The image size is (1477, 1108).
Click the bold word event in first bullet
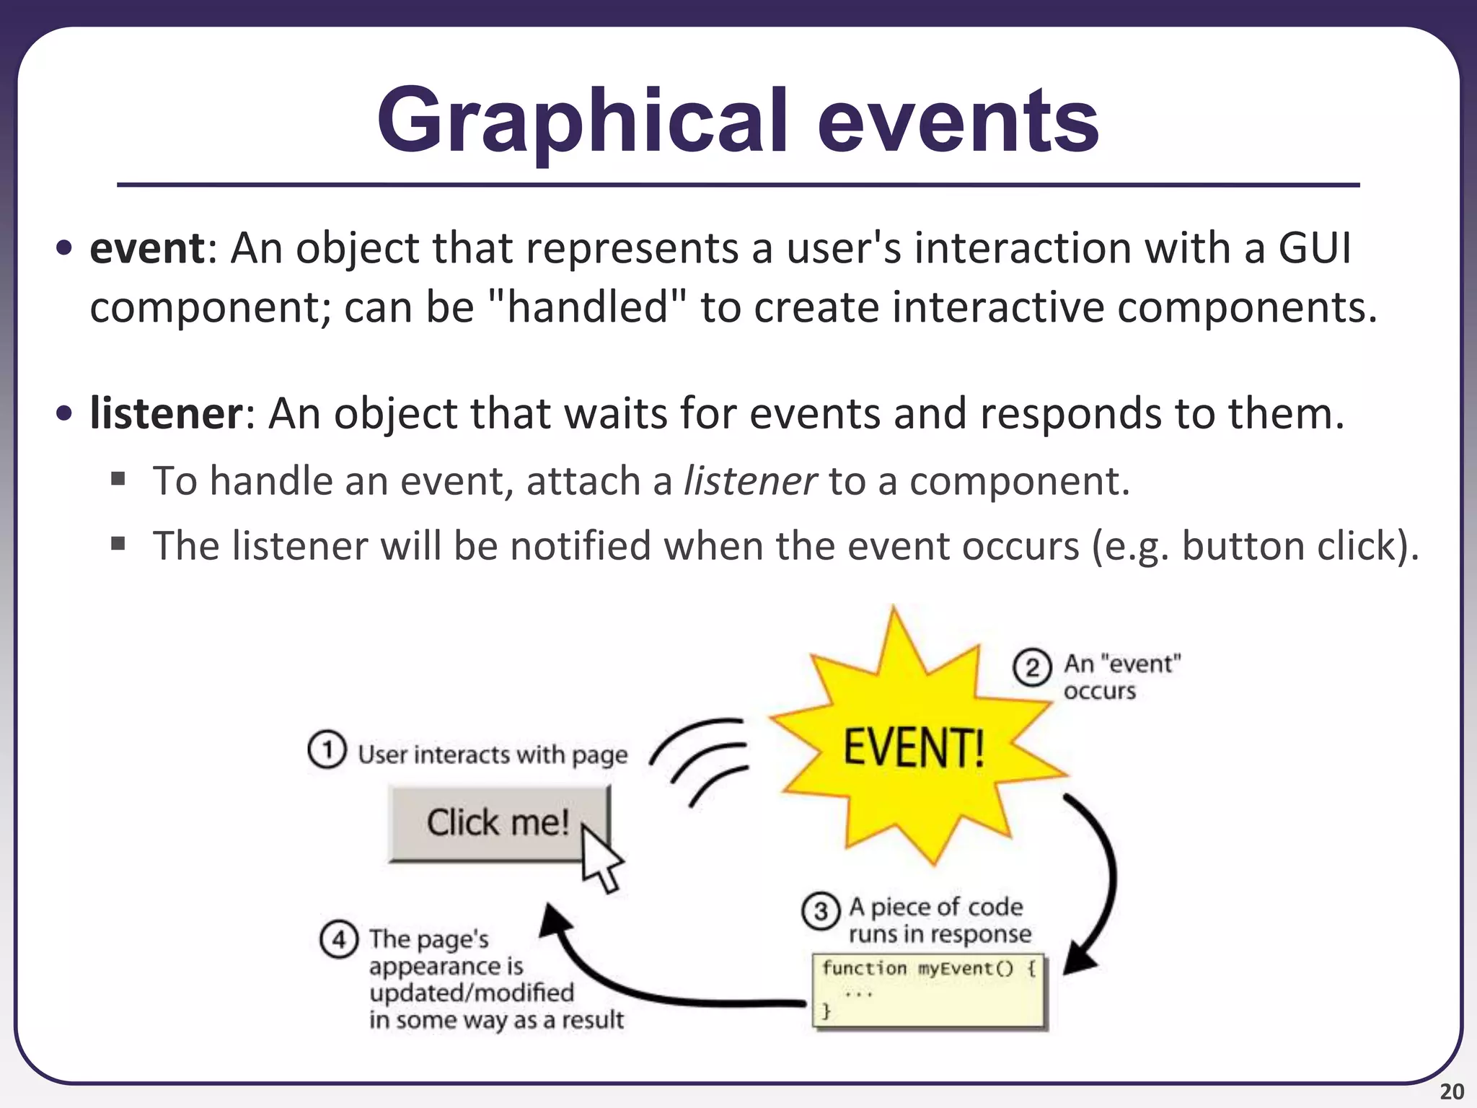147,249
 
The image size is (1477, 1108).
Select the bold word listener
167,414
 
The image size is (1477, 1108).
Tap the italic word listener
750,481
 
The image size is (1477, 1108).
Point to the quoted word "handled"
588,308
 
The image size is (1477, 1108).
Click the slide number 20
1451,1092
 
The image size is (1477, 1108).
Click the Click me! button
498,823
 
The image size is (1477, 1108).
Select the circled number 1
327,750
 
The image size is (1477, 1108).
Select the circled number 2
1032,667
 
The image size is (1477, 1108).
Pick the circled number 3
820,911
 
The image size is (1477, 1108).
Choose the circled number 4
338,940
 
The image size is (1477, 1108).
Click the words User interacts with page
493,755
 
